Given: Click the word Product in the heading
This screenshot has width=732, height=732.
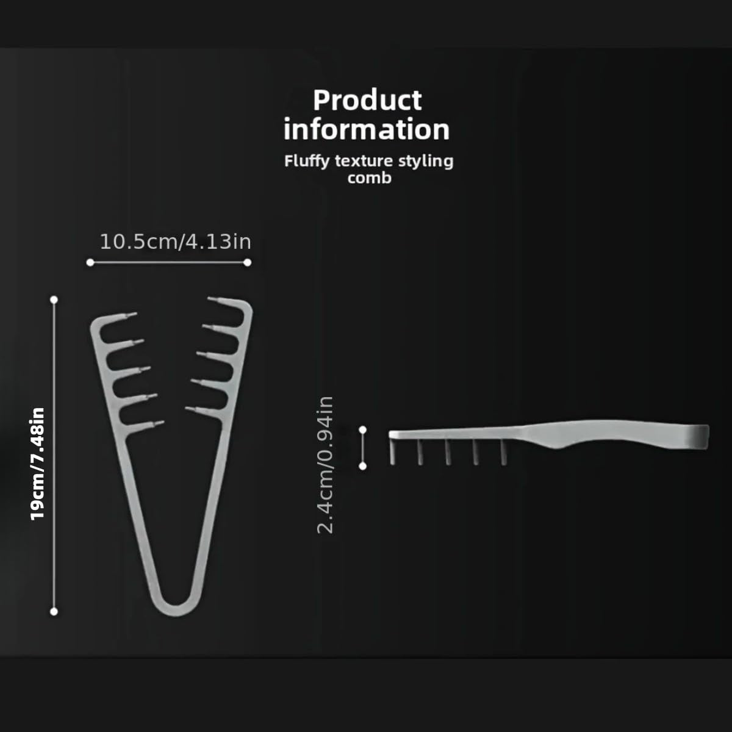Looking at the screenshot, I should (367, 101).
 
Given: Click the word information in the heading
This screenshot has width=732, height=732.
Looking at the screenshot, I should (367, 130).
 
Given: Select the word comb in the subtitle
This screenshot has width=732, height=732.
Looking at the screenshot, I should (369, 178).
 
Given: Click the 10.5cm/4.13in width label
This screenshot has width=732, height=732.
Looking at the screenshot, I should (175, 242).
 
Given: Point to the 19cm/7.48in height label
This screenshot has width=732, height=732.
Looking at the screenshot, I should (38, 464).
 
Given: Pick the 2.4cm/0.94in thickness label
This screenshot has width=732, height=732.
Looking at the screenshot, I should (326, 464).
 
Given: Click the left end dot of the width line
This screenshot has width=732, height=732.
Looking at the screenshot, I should (90, 262).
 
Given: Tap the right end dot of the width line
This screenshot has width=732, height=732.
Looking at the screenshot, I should (247, 262).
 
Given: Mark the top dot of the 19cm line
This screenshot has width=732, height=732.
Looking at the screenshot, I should (54, 300).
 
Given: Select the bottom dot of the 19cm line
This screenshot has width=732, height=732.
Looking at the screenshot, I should (54, 611).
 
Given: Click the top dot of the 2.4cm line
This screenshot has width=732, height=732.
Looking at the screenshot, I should (363, 429).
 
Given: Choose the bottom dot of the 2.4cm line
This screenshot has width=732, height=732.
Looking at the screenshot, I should (363, 466).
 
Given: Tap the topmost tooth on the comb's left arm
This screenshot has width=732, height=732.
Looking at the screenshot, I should (125, 317).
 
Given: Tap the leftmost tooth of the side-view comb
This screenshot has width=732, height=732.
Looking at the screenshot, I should (392, 451).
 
